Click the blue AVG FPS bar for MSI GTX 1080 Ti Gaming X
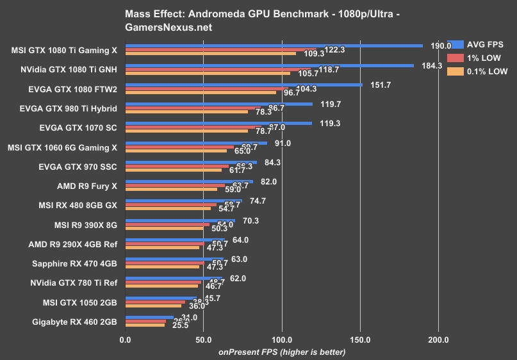[274, 45]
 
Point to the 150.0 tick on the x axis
[361, 339]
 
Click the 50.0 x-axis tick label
[204, 339]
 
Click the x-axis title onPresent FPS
[282, 352]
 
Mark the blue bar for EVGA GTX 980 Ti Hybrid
[218, 104]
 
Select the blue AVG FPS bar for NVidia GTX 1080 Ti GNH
[269, 65]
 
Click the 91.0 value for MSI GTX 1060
[283, 143]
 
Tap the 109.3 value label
[314, 53]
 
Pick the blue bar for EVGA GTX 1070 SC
[218, 123]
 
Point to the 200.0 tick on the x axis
[439, 339]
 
